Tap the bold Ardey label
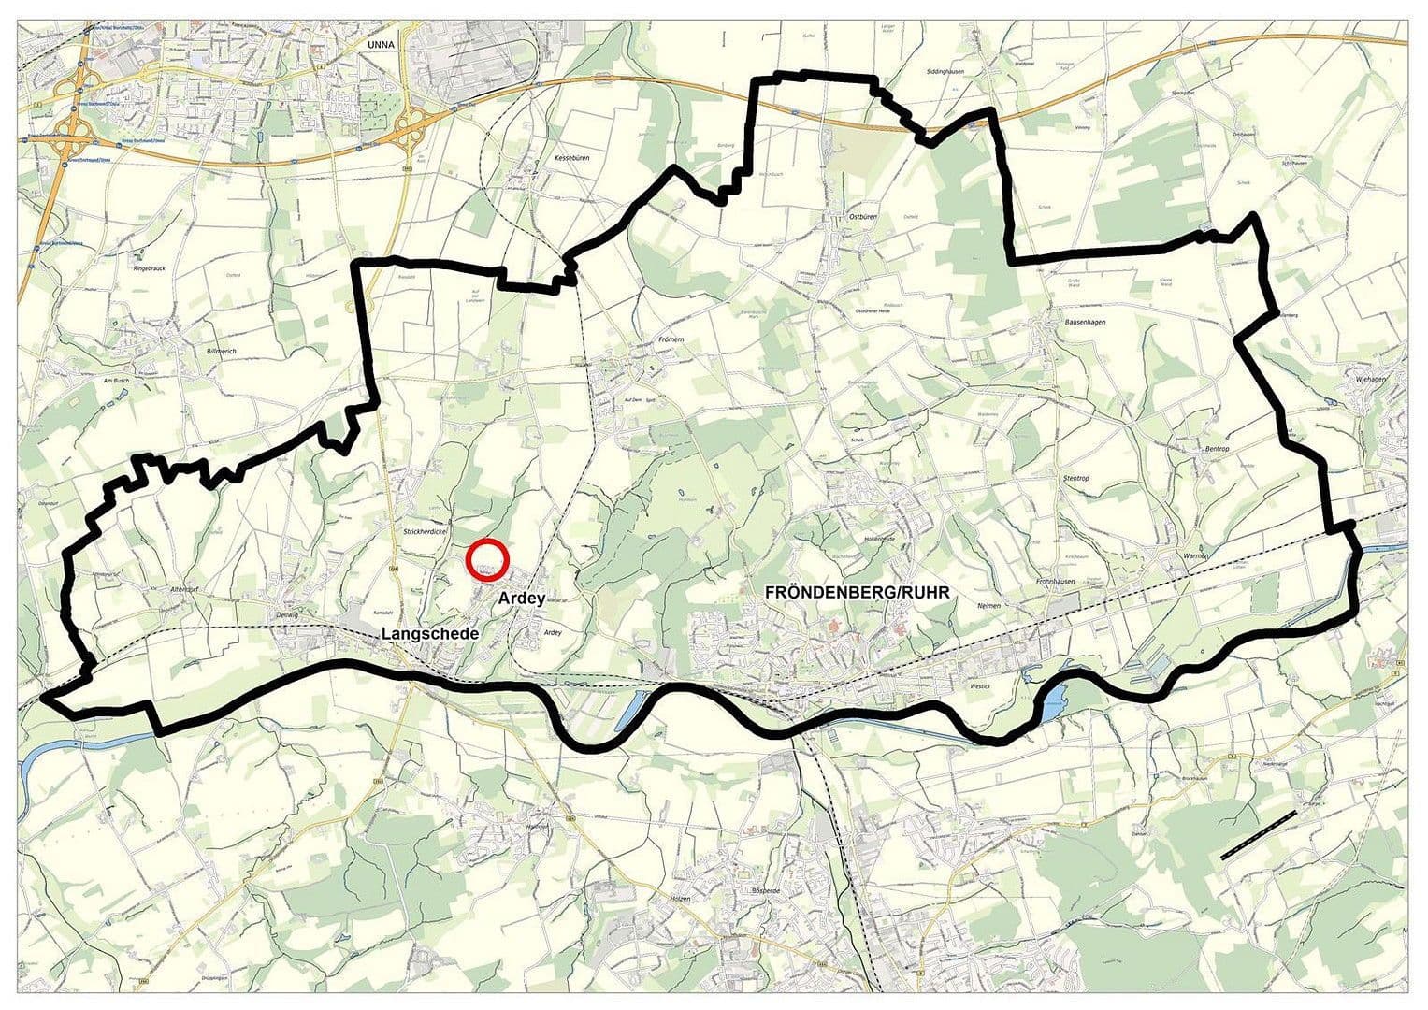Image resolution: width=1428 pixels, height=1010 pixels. point(522,598)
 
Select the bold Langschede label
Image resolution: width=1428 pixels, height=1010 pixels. point(430,633)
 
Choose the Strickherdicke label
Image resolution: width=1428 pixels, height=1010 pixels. point(422,531)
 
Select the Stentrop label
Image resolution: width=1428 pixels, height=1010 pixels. point(1076,478)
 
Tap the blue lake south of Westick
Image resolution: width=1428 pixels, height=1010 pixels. point(1051,700)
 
